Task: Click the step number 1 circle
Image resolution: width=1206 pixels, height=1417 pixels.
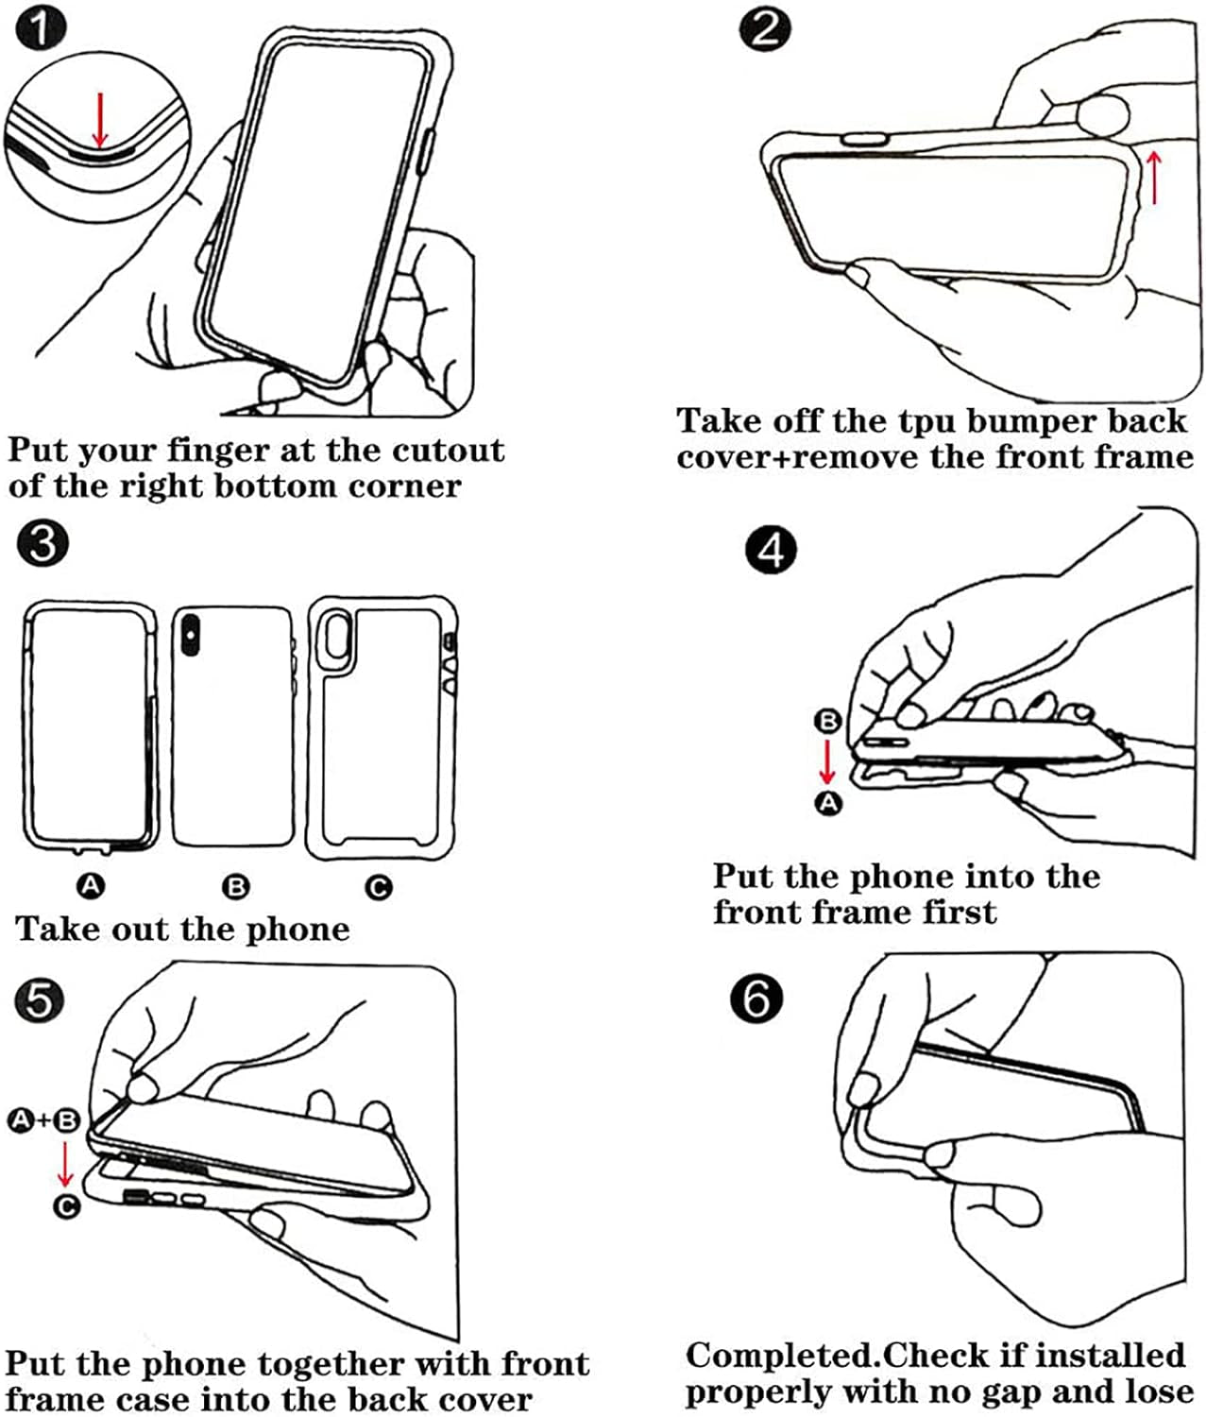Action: pyautogui.click(x=42, y=28)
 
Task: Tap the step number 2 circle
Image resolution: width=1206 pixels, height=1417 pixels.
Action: pyautogui.click(x=765, y=27)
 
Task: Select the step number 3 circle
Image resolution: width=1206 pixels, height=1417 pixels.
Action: pyautogui.click(x=42, y=545)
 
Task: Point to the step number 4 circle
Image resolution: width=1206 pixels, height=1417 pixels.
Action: pyautogui.click(x=771, y=550)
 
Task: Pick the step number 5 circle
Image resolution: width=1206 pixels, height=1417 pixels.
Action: pyautogui.click(x=40, y=999)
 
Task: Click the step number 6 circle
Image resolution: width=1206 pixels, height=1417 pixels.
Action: pyautogui.click(x=756, y=998)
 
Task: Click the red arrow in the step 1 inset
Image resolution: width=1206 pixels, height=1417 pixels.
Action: pyautogui.click(x=99, y=114)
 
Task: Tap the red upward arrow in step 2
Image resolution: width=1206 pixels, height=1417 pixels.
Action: pyautogui.click(x=1153, y=177)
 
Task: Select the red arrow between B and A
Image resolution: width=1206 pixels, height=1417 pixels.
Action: pyautogui.click(x=827, y=761)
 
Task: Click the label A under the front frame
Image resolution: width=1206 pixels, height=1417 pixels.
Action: pyautogui.click(x=91, y=885)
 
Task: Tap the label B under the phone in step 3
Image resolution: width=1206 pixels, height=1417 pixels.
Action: pyautogui.click(x=235, y=887)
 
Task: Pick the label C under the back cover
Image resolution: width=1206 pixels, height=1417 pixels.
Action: pyautogui.click(x=379, y=887)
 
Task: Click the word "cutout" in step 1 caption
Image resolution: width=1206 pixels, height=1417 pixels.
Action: pyautogui.click(x=448, y=451)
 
